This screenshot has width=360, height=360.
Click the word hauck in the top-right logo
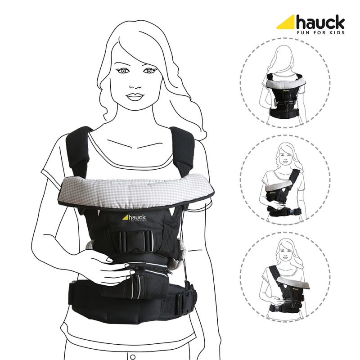320,22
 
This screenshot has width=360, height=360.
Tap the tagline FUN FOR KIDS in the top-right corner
320,32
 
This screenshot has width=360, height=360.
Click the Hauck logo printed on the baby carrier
134,218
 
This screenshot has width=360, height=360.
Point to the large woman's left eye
149,71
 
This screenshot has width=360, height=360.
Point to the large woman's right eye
123,71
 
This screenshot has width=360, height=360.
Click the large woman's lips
135,97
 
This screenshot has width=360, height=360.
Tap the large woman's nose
135,87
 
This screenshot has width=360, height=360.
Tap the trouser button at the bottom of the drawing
133,357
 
